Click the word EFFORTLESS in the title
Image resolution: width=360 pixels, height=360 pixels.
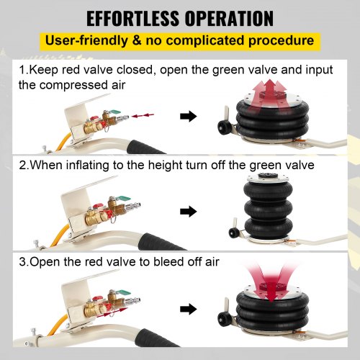coord(132,19)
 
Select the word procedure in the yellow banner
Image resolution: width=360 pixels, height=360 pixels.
coord(281,41)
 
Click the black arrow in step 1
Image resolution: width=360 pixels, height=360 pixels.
coord(189,117)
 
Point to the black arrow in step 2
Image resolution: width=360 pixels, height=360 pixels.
coord(189,212)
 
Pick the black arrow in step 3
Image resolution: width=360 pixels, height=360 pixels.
coord(189,309)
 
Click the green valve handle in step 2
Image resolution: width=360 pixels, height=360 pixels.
coord(124,199)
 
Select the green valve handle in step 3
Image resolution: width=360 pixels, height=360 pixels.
coord(124,293)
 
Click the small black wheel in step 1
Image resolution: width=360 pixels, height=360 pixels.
coord(222,127)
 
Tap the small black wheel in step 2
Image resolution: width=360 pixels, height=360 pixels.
coord(233,233)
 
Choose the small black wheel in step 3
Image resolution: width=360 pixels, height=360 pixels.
coord(222,318)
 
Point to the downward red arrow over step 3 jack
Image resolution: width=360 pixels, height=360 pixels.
coord(271,283)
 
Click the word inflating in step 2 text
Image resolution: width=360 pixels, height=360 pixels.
coord(87,166)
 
